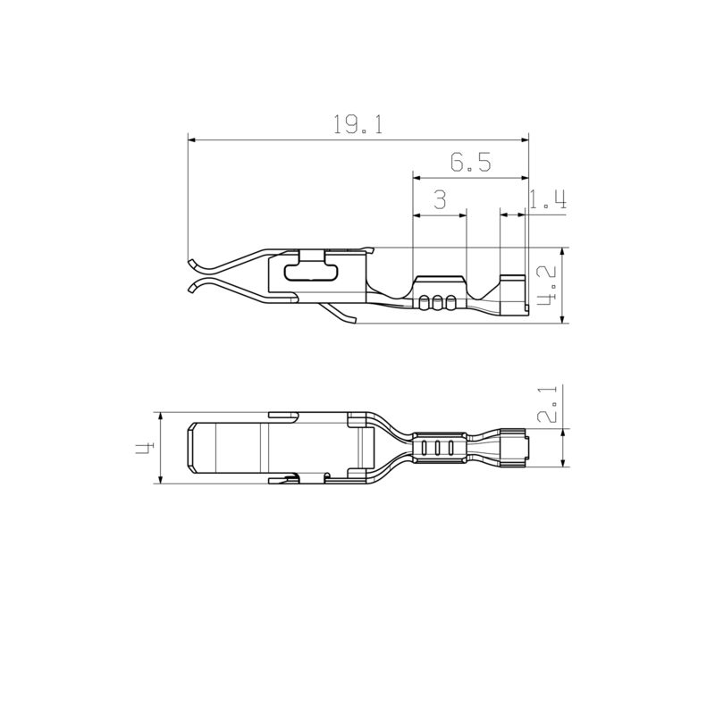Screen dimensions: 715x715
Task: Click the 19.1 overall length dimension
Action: click(357, 125)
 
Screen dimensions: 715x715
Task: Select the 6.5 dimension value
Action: click(470, 162)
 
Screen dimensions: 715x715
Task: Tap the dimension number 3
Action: click(439, 200)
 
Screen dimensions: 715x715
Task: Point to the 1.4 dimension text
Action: click(547, 200)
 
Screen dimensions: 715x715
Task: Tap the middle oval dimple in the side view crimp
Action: click(437, 303)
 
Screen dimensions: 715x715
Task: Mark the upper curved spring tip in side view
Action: click(192, 263)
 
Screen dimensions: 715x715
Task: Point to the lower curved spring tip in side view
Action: click(196, 287)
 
